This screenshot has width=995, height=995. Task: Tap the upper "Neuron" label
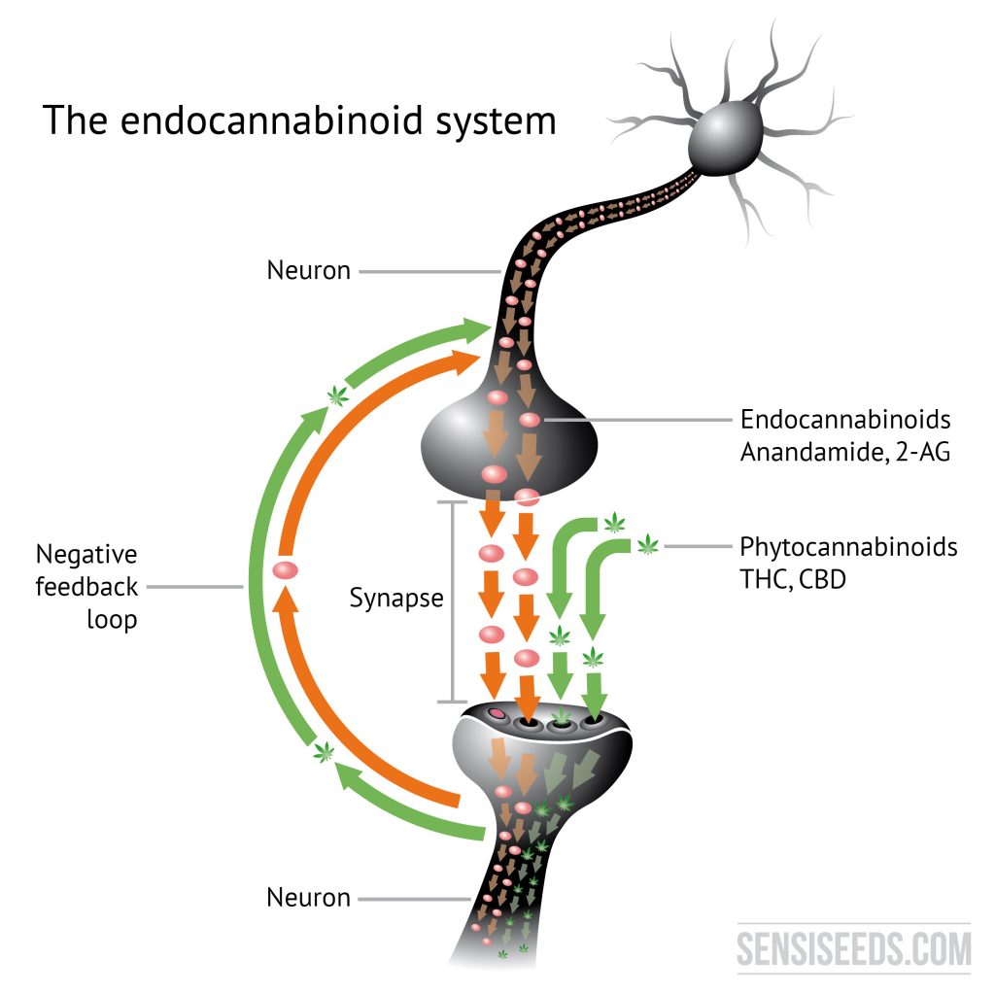click(x=308, y=270)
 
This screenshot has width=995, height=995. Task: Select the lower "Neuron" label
click(x=308, y=898)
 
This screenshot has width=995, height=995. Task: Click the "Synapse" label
click(x=395, y=597)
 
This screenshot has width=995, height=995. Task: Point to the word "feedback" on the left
click(x=86, y=587)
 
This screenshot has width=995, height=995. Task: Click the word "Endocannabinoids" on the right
click(x=845, y=420)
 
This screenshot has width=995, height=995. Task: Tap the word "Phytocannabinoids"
click(x=848, y=546)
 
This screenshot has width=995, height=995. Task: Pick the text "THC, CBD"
click(x=791, y=578)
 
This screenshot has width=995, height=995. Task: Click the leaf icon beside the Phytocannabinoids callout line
click(x=647, y=545)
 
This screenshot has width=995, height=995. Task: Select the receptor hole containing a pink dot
click(x=497, y=715)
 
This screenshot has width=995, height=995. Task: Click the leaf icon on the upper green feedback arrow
click(x=337, y=394)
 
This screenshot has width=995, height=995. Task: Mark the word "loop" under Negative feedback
click(x=112, y=619)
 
